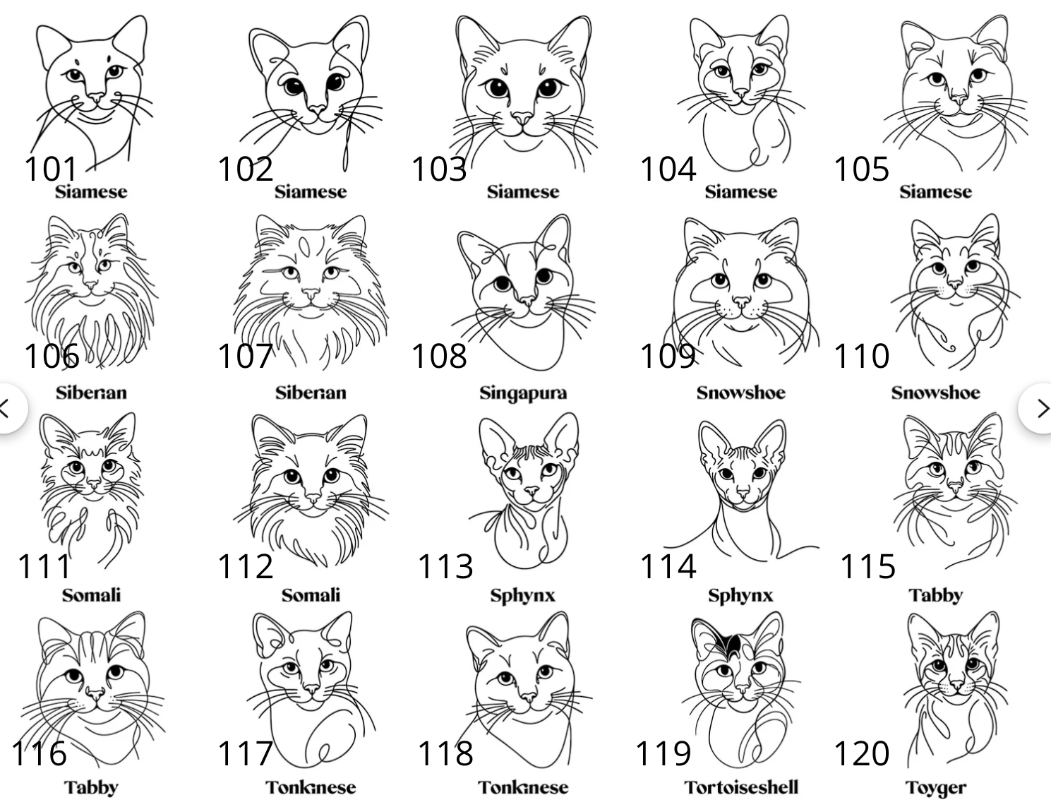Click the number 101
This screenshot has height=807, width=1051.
click(50, 169)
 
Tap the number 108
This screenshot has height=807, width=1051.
click(439, 356)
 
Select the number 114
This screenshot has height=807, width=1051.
click(668, 566)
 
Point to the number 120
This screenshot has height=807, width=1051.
click(861, 753)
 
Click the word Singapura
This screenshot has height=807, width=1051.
click(523, 393)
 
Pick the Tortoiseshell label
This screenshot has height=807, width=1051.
click(741, 787)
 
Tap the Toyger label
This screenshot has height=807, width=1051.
click(935, 788)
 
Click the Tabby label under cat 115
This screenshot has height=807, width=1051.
click(935, 596)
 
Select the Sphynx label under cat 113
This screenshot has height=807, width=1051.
click(523, 596)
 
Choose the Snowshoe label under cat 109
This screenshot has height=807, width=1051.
click(741, 393)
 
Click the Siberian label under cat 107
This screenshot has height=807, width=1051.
click(311, 393)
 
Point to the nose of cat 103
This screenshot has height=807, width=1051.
click(522, 118)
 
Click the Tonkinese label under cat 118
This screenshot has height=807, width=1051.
click(523, 788)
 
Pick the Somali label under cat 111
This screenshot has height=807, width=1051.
click(91, 595)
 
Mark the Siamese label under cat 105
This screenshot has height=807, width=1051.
click(935, 192)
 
